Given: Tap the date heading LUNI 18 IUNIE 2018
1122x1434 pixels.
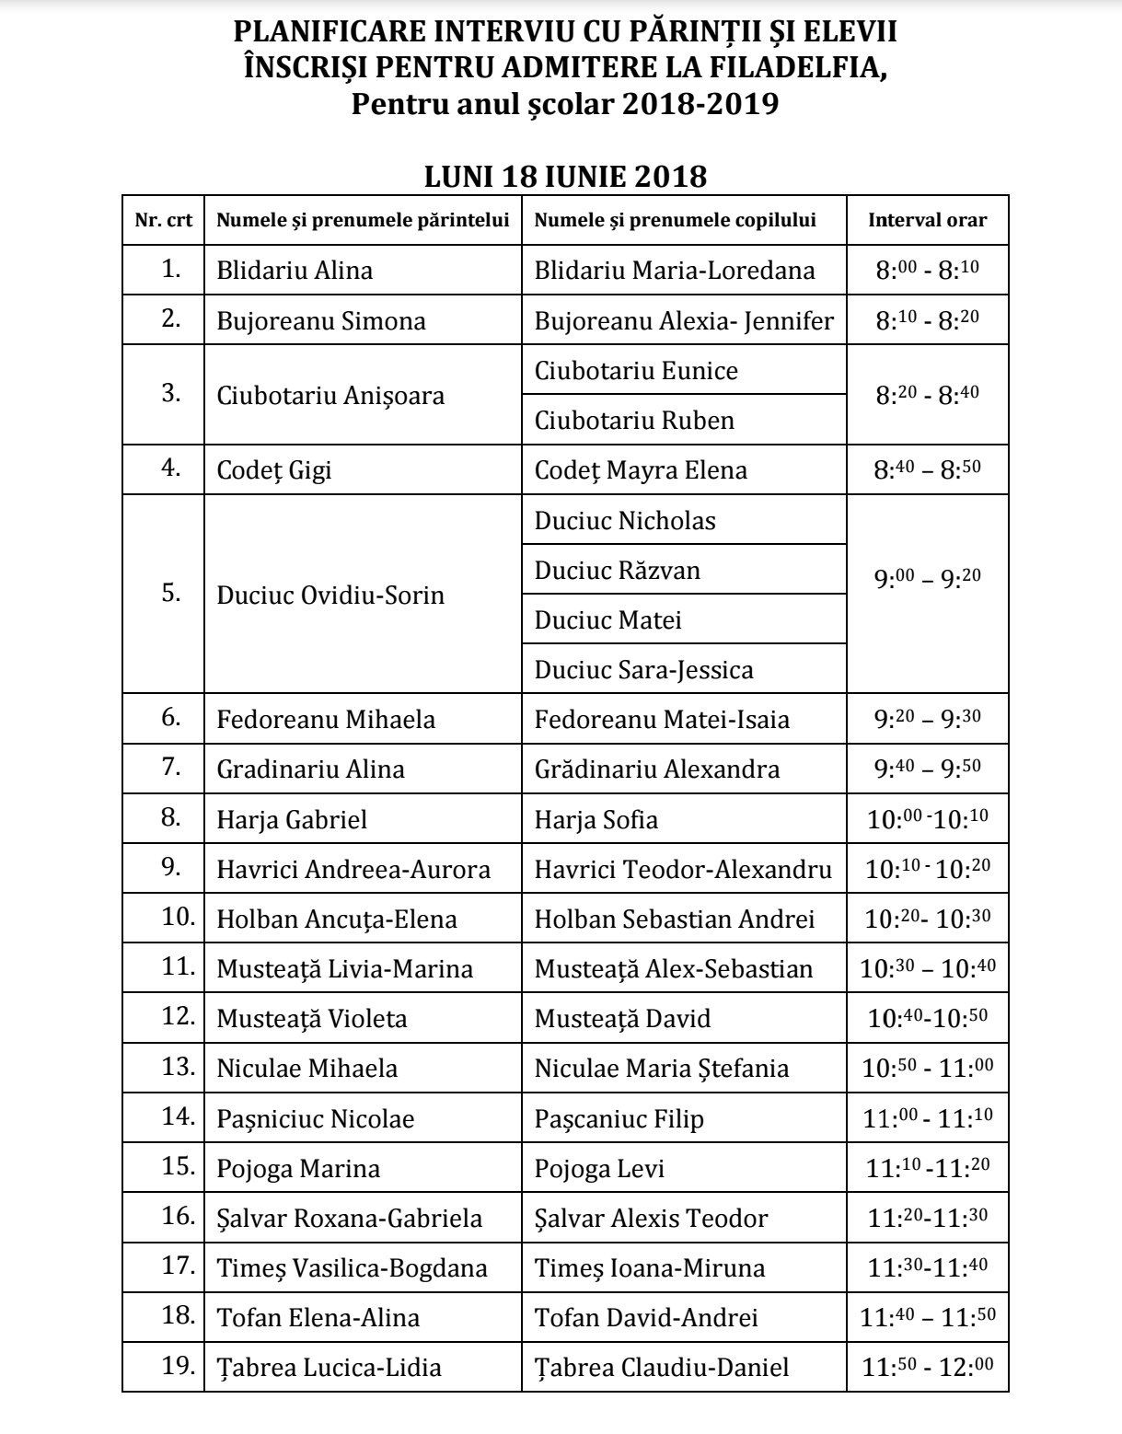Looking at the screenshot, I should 565,176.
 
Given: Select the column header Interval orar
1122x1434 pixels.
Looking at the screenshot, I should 927,220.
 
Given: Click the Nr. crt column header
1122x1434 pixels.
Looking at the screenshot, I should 164,220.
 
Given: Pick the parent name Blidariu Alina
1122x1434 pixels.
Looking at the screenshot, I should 295,271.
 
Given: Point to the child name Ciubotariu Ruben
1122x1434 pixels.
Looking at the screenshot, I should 634,421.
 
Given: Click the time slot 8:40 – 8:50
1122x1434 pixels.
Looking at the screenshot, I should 927,469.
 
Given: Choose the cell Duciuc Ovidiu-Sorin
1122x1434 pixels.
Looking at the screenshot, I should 330,595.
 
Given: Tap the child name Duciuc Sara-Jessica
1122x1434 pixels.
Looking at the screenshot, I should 643,669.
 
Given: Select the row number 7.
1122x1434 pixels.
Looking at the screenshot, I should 171,768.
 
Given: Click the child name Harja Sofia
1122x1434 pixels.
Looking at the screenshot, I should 596,818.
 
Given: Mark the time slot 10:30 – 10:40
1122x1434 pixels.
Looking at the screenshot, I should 927,968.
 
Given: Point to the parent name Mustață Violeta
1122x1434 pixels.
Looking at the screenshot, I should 311,1019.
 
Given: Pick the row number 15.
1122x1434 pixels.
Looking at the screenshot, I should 177,1167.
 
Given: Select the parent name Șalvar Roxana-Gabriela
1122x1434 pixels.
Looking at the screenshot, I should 349,1218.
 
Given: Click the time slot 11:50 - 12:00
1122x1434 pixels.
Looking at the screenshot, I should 927,1367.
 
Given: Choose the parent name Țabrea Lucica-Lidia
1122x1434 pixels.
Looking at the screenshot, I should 329,1367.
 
